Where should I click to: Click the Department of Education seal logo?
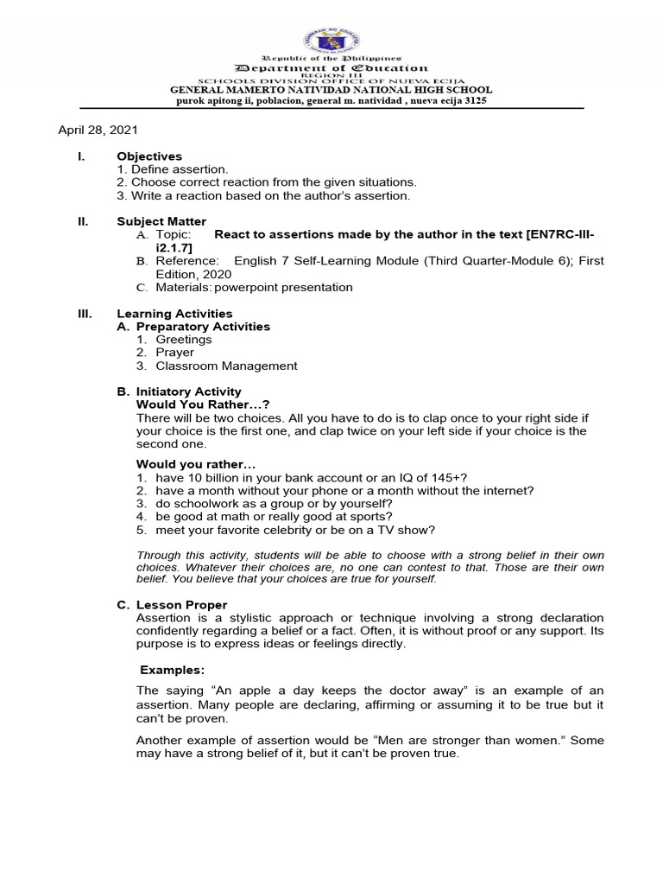331,41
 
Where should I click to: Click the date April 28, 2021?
98,130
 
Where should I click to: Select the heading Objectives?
149,156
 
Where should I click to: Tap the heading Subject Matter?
161,221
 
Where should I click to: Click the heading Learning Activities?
174,314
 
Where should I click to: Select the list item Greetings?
183,340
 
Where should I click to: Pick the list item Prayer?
174,353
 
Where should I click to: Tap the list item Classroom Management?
226,366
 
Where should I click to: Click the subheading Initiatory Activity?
188,392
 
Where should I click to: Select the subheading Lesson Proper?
181,605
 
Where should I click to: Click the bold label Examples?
173,670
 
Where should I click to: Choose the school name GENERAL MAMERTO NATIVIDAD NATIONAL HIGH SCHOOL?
331,90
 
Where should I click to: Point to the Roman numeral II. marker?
84,221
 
